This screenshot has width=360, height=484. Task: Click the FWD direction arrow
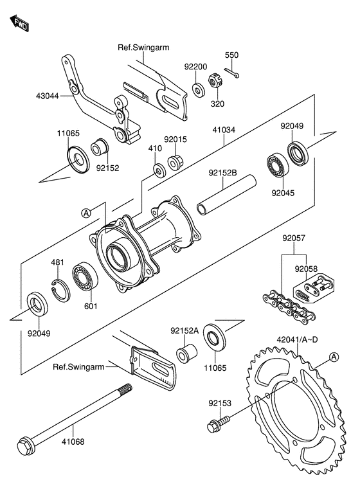tap(19, 23)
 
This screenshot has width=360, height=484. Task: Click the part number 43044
tap(47, 96)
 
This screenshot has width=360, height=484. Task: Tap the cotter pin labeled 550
tap(232, 73)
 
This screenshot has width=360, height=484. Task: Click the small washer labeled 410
tap(160, 170)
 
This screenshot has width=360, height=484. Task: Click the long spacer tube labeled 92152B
tap(227, 195)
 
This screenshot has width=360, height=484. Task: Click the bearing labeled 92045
tap(278, 165)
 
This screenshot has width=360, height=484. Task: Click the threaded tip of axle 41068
tap(125, 388)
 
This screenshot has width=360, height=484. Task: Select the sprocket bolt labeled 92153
tap(219, 423)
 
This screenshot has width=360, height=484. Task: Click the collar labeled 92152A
tap(187, 354)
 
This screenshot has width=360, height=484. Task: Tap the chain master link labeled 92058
tap(313, 287)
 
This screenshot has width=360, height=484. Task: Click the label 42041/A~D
tap(297, 340)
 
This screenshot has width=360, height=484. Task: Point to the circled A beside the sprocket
tap(334, 357)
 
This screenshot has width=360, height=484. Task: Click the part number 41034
tap(224, 130)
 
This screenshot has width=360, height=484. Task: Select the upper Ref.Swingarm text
tap(143, 48)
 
